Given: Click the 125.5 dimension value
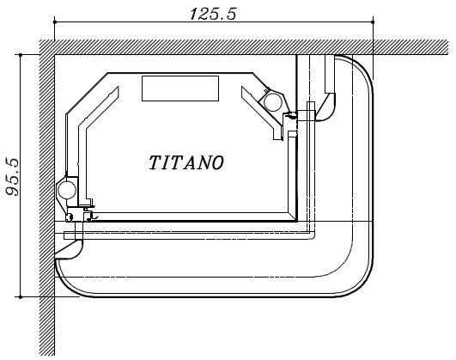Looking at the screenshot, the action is point(213,14).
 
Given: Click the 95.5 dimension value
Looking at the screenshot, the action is point(13,177).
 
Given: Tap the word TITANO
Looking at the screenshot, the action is point(186,162).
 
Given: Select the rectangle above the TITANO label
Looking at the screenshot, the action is point(180,88).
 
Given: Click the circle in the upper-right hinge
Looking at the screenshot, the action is point(273,102).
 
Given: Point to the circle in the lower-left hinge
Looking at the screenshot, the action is point(67,190).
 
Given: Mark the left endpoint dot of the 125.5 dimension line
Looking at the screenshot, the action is point(55,21).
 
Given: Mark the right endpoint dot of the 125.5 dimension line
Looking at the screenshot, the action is point(373,21).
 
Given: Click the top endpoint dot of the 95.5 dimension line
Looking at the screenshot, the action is point(21,55).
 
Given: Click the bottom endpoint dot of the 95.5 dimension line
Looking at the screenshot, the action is point(21,296).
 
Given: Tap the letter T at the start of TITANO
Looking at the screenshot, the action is point(154,162).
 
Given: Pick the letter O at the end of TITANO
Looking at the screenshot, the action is point(218,162).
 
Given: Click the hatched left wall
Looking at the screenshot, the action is point(47,198).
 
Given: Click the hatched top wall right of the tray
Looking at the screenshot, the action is point(410,47).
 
